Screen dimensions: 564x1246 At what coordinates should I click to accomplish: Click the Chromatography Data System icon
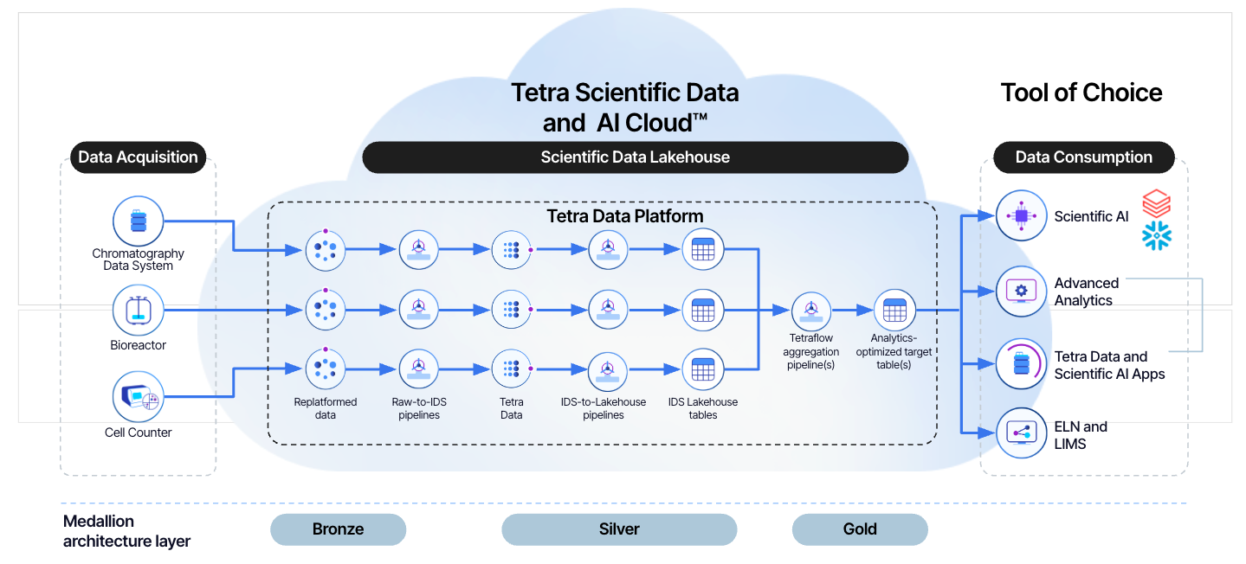[x=139, y=221]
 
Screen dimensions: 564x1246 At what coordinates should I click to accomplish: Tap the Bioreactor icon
[x=139, y=311]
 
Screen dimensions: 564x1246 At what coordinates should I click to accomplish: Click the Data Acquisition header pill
[x=139, y=157]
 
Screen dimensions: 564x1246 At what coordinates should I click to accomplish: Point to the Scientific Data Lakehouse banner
[x=635, y=157]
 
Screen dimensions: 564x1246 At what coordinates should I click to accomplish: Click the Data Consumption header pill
[x=1083, y=157]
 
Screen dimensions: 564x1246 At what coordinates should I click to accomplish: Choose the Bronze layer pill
[x=338, y=529]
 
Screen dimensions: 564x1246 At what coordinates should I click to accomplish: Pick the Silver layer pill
[x=619, y=529]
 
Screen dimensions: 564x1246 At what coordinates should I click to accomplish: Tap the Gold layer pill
[x=860, y=529]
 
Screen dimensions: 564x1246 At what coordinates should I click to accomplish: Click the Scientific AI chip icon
[x=1022, y=215]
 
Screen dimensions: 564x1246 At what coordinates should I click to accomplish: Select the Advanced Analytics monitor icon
[x=1022, y=292]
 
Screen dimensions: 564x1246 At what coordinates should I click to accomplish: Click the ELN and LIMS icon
[x=1022, y=433]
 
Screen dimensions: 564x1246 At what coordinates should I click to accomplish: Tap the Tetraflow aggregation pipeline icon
[x=811, y=311]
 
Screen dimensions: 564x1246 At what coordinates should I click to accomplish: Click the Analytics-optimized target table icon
[x=894, y=311]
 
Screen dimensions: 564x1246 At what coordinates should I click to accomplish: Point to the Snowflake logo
[x=1156, y=235]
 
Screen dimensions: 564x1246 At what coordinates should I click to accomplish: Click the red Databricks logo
[x=1156, y=205]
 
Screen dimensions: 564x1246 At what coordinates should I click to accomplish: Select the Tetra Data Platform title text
[x=625, y=215]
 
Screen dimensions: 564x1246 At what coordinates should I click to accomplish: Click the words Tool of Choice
[x=1081, y=93]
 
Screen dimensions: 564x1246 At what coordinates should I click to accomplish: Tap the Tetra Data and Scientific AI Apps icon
[x=1022, y=364]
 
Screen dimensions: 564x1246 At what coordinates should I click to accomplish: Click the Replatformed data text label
[x=325, y=408]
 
